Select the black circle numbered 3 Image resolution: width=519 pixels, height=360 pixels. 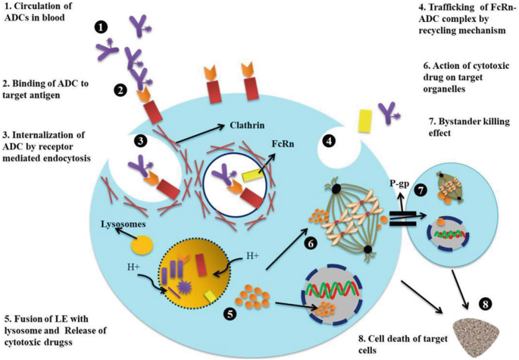(x=140, y=141)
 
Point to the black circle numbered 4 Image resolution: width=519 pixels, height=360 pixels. (x=330, y=140)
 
